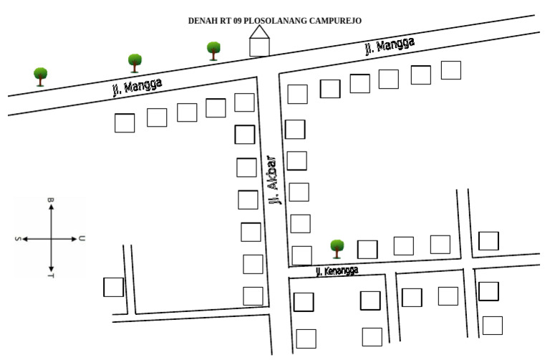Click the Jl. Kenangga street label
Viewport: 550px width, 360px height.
pos(336,271)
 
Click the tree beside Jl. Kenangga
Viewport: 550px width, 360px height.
pos(337,248)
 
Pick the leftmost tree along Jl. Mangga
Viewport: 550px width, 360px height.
pos(40,75)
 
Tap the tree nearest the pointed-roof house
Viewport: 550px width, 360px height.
pos(213,50)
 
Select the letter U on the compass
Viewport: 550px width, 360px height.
pos(82,238)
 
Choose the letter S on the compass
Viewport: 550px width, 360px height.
pos(18,239)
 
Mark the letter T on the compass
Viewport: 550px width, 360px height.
pos(50,276)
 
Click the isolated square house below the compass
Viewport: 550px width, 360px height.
pos(113,287)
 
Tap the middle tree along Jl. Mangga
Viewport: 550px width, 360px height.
pos(134,62)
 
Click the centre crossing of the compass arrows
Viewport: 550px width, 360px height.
pos(50,239)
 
